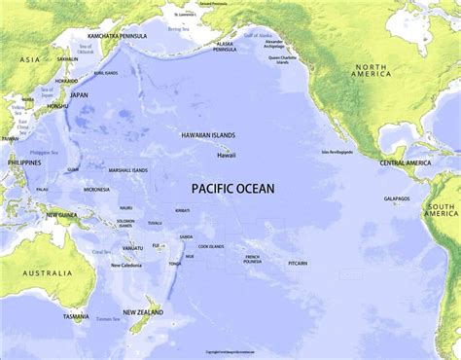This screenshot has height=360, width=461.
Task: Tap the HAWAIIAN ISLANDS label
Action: [x=208, y=136]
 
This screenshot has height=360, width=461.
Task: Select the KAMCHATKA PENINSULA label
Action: [x=109, y=35]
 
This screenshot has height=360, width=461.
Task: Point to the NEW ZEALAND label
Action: [x=142, y=312]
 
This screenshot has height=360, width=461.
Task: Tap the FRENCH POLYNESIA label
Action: [x=252, y=259]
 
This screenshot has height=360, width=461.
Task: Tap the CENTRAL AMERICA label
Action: [x=406, y=162]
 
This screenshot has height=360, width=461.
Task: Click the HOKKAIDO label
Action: [x=65, y=82]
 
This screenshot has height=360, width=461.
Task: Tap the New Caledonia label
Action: [x=128, y=265]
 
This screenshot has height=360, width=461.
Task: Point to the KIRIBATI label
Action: [x=182, y=210]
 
